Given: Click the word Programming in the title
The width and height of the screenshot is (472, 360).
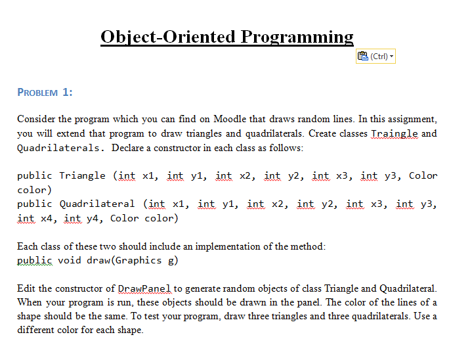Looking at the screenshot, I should [297, 37].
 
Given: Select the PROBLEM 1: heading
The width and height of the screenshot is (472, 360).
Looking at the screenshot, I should [45, 93].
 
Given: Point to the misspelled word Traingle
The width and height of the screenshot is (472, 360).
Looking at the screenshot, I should [394, 133].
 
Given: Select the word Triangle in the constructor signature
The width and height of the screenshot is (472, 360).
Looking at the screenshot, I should [82, 175].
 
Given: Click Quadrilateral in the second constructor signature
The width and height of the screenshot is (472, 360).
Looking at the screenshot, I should [97, 204].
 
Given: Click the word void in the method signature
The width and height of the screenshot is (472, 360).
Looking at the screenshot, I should [70, 260].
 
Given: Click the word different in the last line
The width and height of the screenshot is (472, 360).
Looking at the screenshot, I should [37, 330].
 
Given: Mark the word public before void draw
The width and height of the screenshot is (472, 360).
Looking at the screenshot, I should [35, 260].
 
